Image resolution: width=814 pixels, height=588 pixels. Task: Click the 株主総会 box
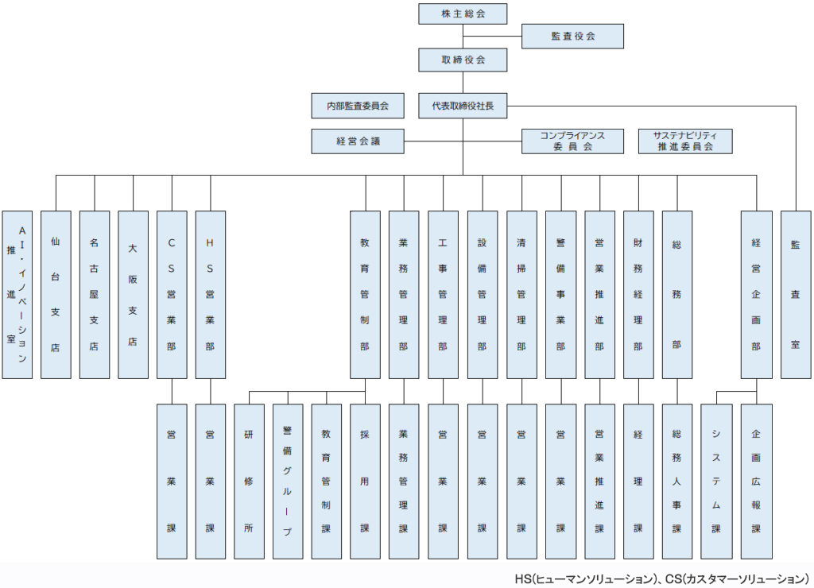(x=463, y=14)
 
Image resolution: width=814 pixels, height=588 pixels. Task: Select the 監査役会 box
(x=572, y=37)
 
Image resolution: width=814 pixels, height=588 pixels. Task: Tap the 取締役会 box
(x=463, y=60)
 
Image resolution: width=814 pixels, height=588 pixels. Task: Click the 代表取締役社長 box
(x=463, y=106)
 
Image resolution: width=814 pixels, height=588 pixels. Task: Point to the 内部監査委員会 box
(x=358, y=106)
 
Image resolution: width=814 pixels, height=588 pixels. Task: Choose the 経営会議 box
(x=358, y=141)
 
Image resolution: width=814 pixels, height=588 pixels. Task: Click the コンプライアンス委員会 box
(x=572, y=141)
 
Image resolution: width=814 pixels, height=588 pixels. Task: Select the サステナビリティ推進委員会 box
(x=685, y=141)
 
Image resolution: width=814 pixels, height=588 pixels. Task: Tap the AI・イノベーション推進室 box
(x=17, y=295)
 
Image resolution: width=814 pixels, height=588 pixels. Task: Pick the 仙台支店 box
(x=56, y=295)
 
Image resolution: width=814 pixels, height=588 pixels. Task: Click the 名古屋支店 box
(x=95, y=295)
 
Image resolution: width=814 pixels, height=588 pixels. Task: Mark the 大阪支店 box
(x=133, y=295)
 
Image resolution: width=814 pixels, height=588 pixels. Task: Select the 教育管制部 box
(x=365, y=295)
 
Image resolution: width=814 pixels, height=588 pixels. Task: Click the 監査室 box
(x=796, y=295)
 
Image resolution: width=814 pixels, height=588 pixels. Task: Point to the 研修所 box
(x=249, y=482)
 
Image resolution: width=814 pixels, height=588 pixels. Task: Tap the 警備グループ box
(x=288, y=482)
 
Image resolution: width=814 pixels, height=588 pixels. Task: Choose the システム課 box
(x=716, y=482)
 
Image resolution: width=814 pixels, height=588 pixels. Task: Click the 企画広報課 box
(x=757, y=482)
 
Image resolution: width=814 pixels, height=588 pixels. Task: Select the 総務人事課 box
(x=677, y=482)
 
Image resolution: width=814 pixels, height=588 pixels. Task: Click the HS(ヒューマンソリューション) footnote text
(x=583, y=578)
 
